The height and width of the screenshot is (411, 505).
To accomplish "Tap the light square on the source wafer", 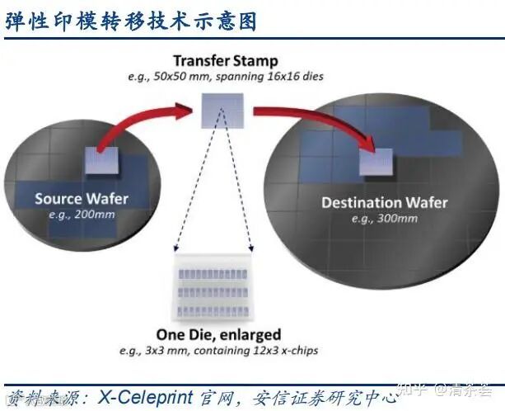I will pos(102,160).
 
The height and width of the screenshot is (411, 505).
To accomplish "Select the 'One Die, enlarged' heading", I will pos(218,335).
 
